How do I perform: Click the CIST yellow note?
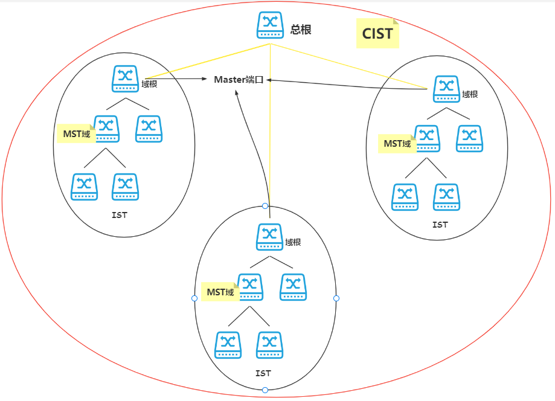[x=377, y=33]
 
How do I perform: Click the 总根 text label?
[x=301, y=30]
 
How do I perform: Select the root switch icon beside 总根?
[x=270, y=25]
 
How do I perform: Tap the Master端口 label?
[x=239, y=80]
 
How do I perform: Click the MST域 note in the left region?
[x=77, y=134]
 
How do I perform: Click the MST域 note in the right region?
[x=397, y=144]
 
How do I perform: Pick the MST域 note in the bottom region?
[x=220, y=292]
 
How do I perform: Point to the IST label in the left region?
[x=120, y=215]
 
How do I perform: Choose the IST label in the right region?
[x=440, y=225]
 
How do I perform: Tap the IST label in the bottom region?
[x=263, y=373]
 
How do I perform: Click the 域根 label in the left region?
[x=149, y=84]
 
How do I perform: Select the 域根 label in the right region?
[x=470, y=94]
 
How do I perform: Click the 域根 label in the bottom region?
[x=293, y=242]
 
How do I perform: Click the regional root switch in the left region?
[x=125, y=79]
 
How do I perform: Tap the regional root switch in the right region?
[x=447, y=89]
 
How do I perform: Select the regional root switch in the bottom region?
[x=270, y=237]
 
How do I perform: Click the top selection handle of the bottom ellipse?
[x=265, y=206]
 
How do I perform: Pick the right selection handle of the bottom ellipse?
[x=336, y=298]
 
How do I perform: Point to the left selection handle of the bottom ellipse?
[x=194, y=298]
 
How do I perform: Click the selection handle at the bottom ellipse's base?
[x=265, y=390]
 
